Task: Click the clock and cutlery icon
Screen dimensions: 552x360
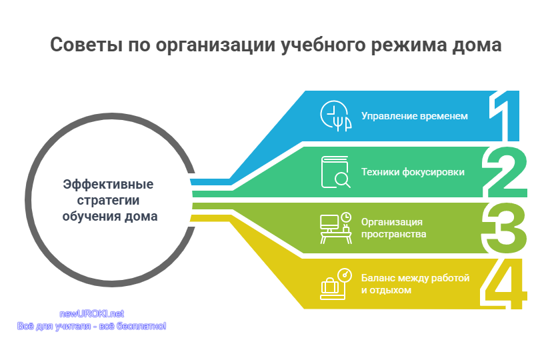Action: (x=335, y=116)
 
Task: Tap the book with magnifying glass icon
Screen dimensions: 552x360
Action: (x=335, y=172)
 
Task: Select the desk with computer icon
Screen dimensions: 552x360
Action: (x=335, y=228)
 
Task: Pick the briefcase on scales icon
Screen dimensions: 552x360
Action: (x=335, y=284)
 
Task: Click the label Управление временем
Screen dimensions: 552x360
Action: (x=415, y=116)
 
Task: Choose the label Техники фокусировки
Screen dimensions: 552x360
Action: (x=413, y=172)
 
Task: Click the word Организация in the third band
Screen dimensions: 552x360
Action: (x=391, y=222)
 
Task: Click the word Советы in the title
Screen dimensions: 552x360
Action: (x=86, y=45)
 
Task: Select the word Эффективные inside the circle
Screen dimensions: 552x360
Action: (x=108, y=184)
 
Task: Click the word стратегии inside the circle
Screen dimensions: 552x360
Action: (x=108, y=201)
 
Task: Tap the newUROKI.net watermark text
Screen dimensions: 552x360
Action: (x=91, y=313)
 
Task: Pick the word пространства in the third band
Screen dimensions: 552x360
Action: (x=393, y=235)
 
